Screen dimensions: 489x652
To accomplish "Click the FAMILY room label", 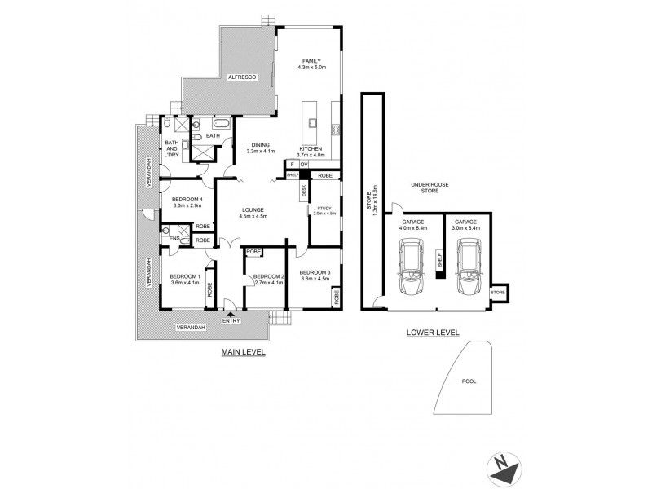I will [x=311, y=61].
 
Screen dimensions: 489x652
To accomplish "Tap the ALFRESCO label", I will [x=242, y=74].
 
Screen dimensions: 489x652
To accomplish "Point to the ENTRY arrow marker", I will [x=231, y=313].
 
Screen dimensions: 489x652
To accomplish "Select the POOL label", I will [x=468, y=380].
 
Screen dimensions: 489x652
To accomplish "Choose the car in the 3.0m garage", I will [x=468, y=272].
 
